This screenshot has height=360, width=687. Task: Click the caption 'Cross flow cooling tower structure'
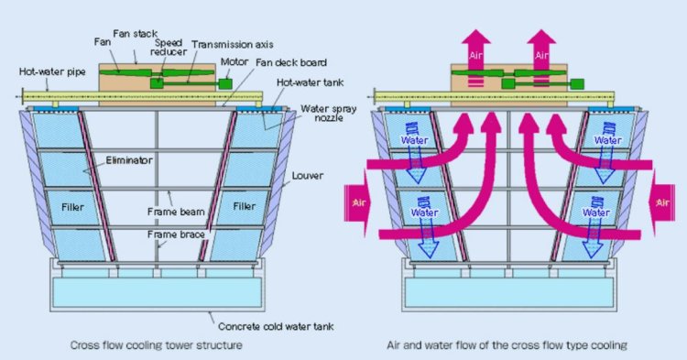click(157, 346)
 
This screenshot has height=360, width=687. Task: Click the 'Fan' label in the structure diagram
click(102, 41)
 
